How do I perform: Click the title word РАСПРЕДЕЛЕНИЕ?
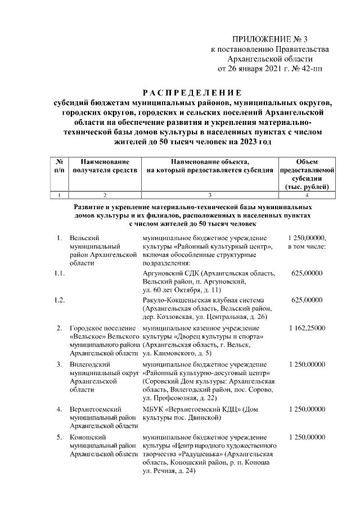(191, 92)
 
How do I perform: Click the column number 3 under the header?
(209, 195)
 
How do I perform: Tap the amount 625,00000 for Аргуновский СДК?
(307, 273)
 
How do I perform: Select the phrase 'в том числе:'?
(307, 246)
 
